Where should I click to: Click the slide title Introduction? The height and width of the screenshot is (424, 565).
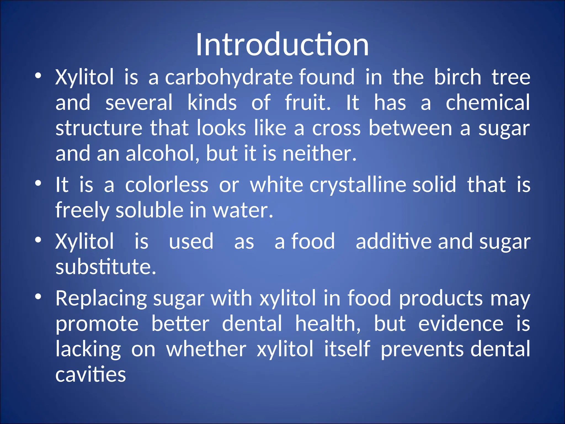282,45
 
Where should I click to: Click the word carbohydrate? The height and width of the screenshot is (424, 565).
229,77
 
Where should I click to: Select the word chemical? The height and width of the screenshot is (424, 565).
488,102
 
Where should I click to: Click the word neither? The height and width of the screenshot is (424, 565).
319,153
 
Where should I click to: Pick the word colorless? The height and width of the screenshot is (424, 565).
167,185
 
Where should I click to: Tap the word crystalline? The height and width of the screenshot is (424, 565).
358,185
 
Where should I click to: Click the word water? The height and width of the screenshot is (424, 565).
242,210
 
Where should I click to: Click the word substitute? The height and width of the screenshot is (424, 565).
106,267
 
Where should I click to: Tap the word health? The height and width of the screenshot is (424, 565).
328,324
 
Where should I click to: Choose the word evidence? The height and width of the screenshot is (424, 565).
461,324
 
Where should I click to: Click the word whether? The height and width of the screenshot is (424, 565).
206,349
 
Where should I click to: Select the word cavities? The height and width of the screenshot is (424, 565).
91,375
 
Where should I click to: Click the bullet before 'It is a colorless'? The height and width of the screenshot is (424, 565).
38,183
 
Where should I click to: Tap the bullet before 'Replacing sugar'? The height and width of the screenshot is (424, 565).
38,297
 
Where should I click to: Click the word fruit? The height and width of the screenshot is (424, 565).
307,102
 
